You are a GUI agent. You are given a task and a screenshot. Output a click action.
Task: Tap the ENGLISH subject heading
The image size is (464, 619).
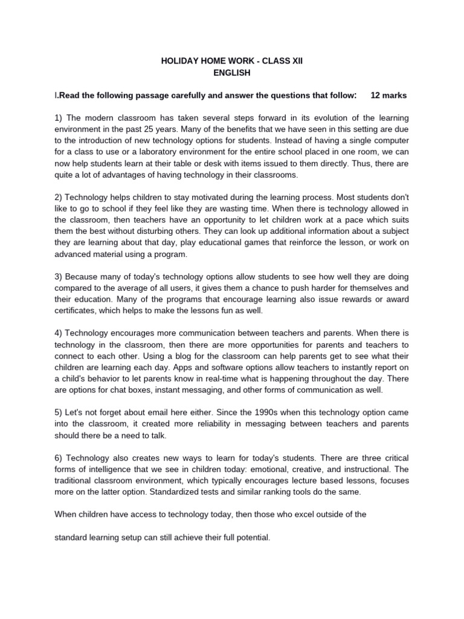click(231, 73)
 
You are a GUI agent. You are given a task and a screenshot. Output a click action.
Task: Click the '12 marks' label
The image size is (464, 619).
click(388, 96)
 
